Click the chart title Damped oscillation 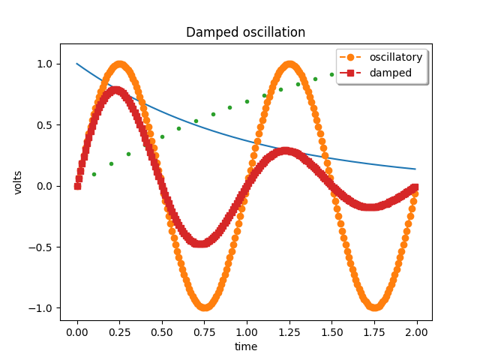pyautogui.click(x=245, y=32)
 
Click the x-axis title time pyautogui.click(x=245, y=346)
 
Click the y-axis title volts pyautogui.click(x=18, y=182)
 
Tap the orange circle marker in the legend pyautogui.click(x=350, y=57)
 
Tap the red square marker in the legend pyautogui.click(x=350, y=73)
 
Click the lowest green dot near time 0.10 pyautogui.click(x=94, y=174)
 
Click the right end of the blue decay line pyautogui.click(x=415, y=169)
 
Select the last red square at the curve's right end pyautogui.click(x=415, y=187)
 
